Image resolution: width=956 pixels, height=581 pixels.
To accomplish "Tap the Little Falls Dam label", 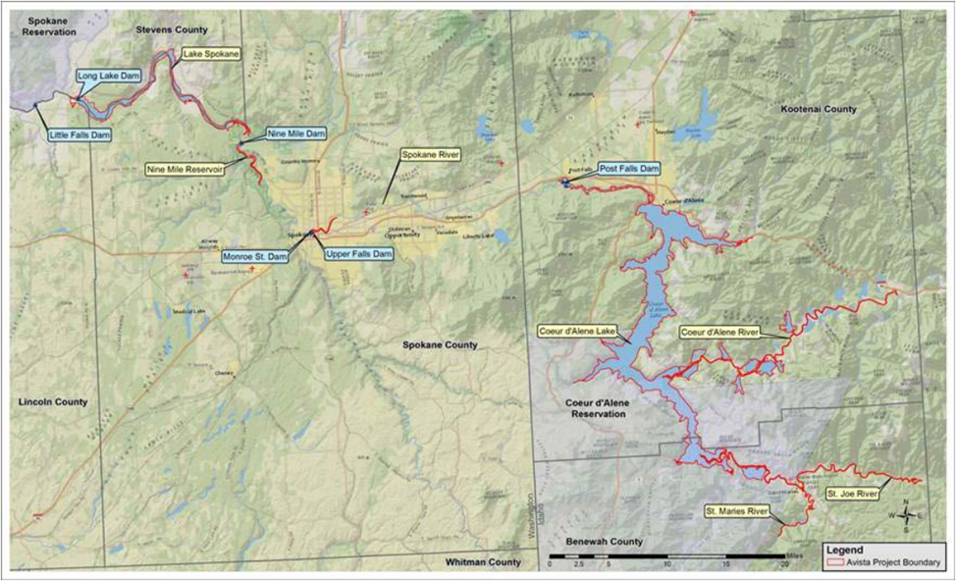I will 78,135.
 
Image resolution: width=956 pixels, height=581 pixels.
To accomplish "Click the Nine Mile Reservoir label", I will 185,169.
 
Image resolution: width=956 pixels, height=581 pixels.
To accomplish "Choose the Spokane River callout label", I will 430,155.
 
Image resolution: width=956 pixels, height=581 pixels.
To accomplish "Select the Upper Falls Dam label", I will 359,254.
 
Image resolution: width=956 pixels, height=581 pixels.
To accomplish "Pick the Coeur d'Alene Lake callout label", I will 577,332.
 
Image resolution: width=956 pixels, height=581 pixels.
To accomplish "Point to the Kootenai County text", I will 819,109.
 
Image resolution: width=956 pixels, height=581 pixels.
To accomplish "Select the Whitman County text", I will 482,561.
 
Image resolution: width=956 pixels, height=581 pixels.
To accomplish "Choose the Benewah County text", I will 606,542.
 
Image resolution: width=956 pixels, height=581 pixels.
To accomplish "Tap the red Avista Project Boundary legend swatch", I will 836,563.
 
